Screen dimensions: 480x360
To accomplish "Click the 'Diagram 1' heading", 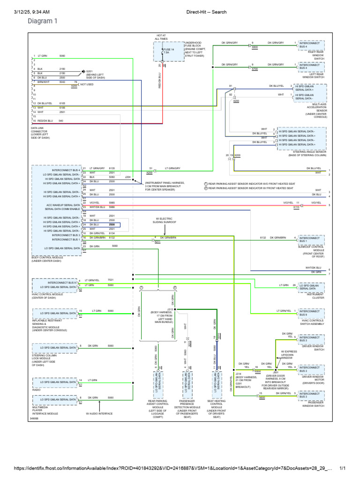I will pos(43,21).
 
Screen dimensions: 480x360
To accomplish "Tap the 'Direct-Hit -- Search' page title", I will pos(206,11).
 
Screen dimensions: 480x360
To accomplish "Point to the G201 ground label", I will pos(89,71).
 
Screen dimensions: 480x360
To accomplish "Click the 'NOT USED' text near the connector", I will pos(87,85).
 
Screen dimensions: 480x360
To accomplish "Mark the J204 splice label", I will pos(128,177).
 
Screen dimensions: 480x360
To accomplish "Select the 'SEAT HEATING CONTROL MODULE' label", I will pos(216,410).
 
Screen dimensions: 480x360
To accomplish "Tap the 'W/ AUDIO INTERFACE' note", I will pos(99,414).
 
